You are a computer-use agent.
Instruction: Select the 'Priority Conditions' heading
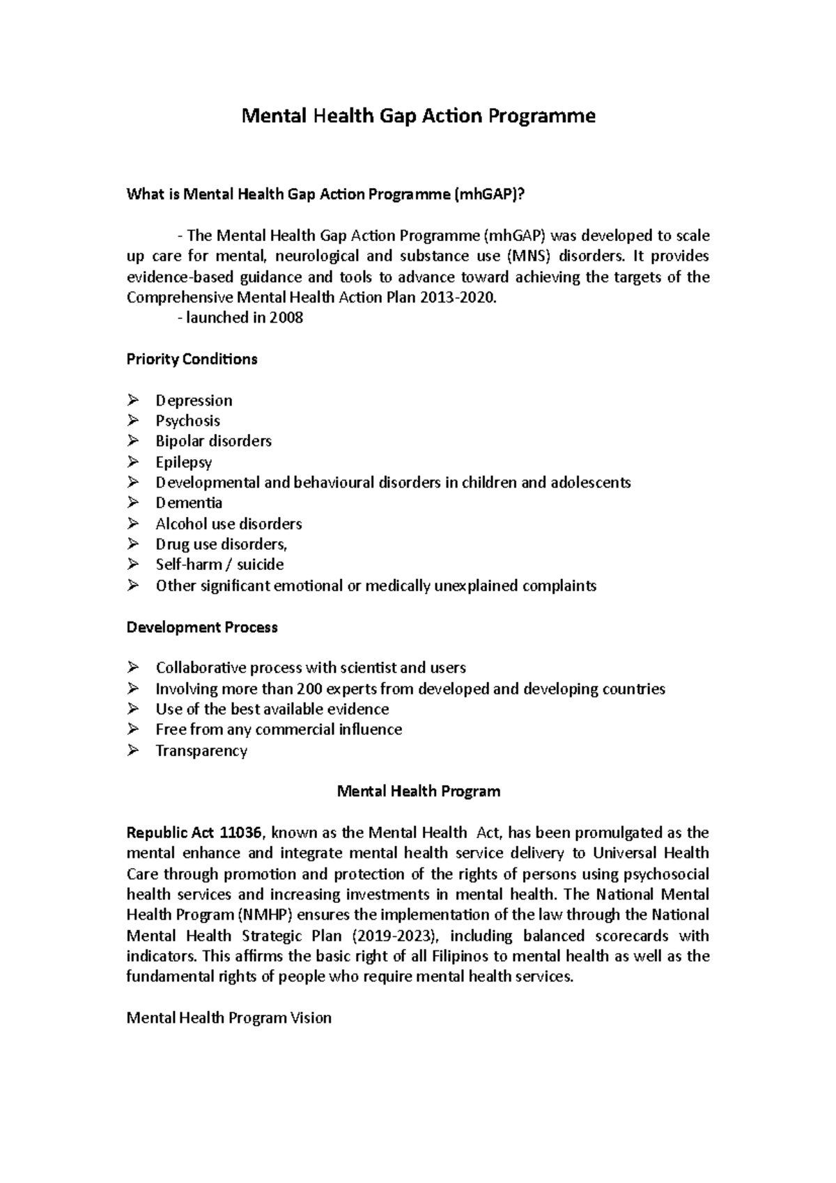(x=192, y=359)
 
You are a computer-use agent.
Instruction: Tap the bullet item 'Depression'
(x=194, y=401)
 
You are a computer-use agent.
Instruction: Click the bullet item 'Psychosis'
(x=187, y=421)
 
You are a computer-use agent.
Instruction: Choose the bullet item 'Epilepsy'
(x=183, y=462)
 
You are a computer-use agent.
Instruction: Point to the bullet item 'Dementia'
(x=189, y=503)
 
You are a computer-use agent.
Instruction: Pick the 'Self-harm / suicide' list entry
(x=219, y=564)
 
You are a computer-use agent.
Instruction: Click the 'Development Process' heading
(x=202, y=627)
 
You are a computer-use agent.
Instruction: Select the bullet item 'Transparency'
(x=201, y=751)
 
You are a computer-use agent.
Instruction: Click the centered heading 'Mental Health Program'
(x=418, y=791)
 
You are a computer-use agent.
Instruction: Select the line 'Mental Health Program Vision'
(x=229, y=1018)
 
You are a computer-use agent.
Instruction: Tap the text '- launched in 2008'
(x=240, y=318)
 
